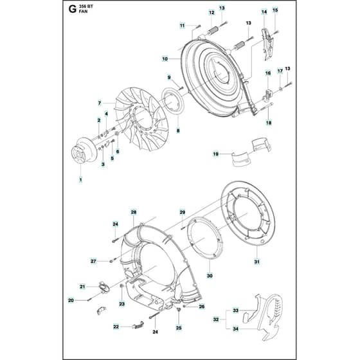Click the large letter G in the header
tap(73, 9)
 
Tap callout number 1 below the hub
tap(80, 180)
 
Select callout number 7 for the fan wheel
tap(100, 104)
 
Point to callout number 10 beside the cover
tap(165, 59)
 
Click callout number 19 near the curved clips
tap(215, 154)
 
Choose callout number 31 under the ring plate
tap(257, 262)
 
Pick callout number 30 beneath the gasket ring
tap(210, 276)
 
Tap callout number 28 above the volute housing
tap(134, 212)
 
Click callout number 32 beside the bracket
tap(216, 319)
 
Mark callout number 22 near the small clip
tap(116, 327)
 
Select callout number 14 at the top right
tap(264, 12)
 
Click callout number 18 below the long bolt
tap(269, 123)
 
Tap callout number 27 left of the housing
tap(93, 261)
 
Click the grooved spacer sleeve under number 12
tap(213, 31)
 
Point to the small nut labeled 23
tap(122, 286)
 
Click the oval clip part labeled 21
tap(104, 287)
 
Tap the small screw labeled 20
tap(90, 299)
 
